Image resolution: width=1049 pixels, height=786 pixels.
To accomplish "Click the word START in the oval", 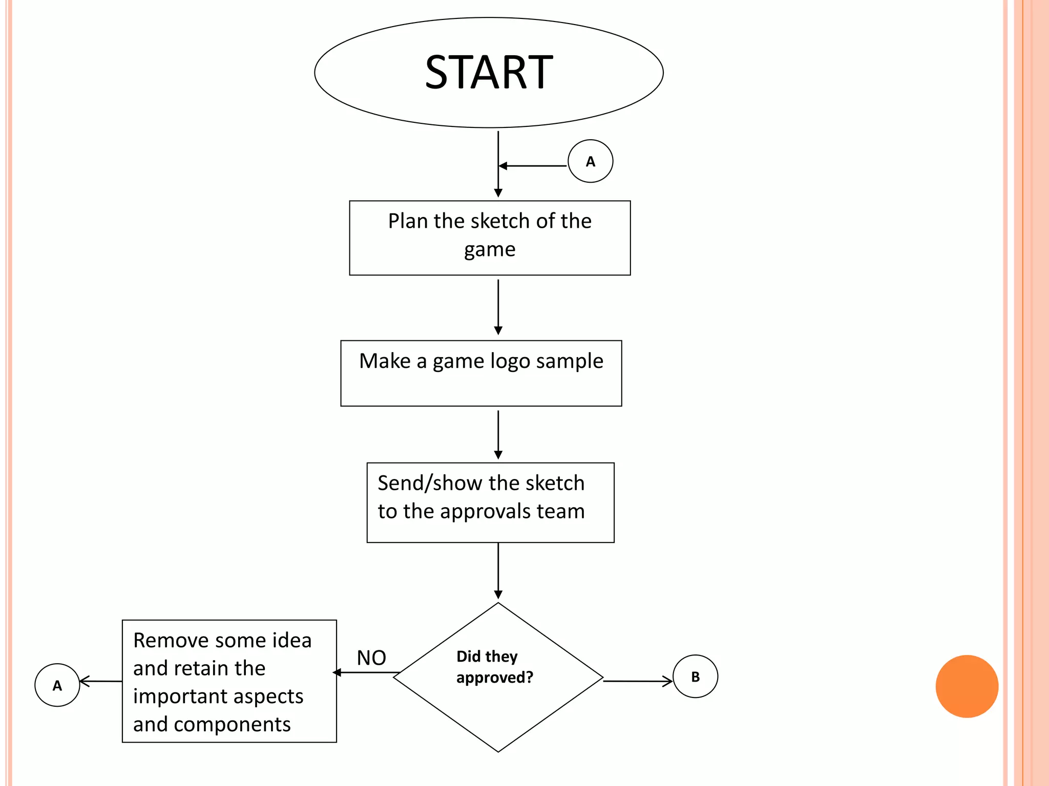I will click(489, 72).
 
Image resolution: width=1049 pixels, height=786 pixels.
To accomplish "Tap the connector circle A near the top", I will click(590, 161).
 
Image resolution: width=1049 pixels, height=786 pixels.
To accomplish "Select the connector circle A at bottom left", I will click(57, 685).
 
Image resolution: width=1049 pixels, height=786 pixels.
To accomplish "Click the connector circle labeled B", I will click(695, 676).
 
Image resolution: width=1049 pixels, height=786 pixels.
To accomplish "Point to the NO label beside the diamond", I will click(371, 658).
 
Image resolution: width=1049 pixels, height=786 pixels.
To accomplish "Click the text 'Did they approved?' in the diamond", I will click(494, 667).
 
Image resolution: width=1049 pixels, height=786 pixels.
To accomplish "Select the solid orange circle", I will click(967, 686).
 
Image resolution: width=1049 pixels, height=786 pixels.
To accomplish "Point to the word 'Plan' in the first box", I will click(407, 221).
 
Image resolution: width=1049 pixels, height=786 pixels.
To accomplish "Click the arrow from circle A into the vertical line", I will click(533, 166).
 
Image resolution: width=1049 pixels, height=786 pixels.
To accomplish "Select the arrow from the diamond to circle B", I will click(638, 681).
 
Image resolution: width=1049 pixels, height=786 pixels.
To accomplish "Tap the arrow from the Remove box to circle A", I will click(101, 681).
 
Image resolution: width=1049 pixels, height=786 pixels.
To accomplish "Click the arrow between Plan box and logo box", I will click(498, 307).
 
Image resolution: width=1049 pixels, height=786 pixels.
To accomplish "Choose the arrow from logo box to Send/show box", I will click(498, 434).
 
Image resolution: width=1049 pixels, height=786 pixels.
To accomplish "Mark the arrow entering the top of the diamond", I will click(498, 571).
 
